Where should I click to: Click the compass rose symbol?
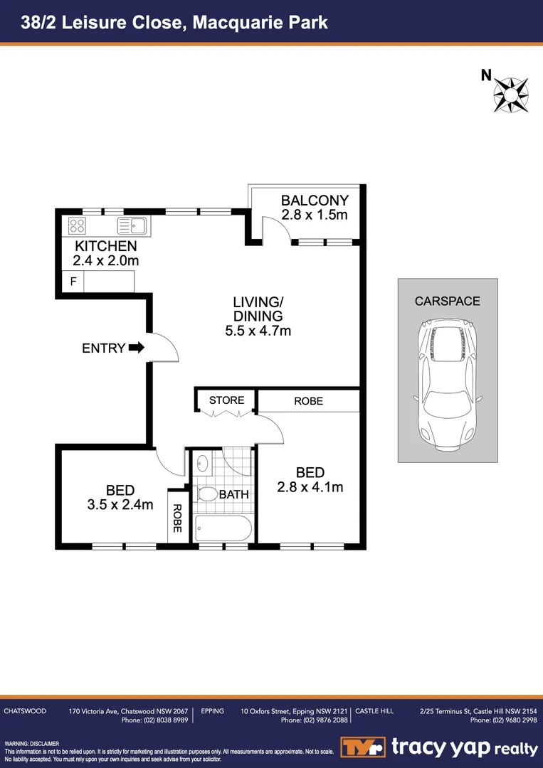512,93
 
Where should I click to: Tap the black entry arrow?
137,348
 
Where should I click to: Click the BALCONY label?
315,201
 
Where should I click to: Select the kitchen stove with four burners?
78,226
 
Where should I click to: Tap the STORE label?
226,400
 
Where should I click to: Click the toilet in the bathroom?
207,494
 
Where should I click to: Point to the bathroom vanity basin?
203,462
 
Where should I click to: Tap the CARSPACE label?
447,301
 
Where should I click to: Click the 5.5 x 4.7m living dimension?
258,330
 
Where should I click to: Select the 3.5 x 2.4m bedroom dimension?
120,505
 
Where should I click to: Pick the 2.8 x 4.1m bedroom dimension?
310,487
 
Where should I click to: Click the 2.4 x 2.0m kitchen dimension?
106,260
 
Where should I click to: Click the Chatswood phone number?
154,720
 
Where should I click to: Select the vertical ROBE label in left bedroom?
177,518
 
